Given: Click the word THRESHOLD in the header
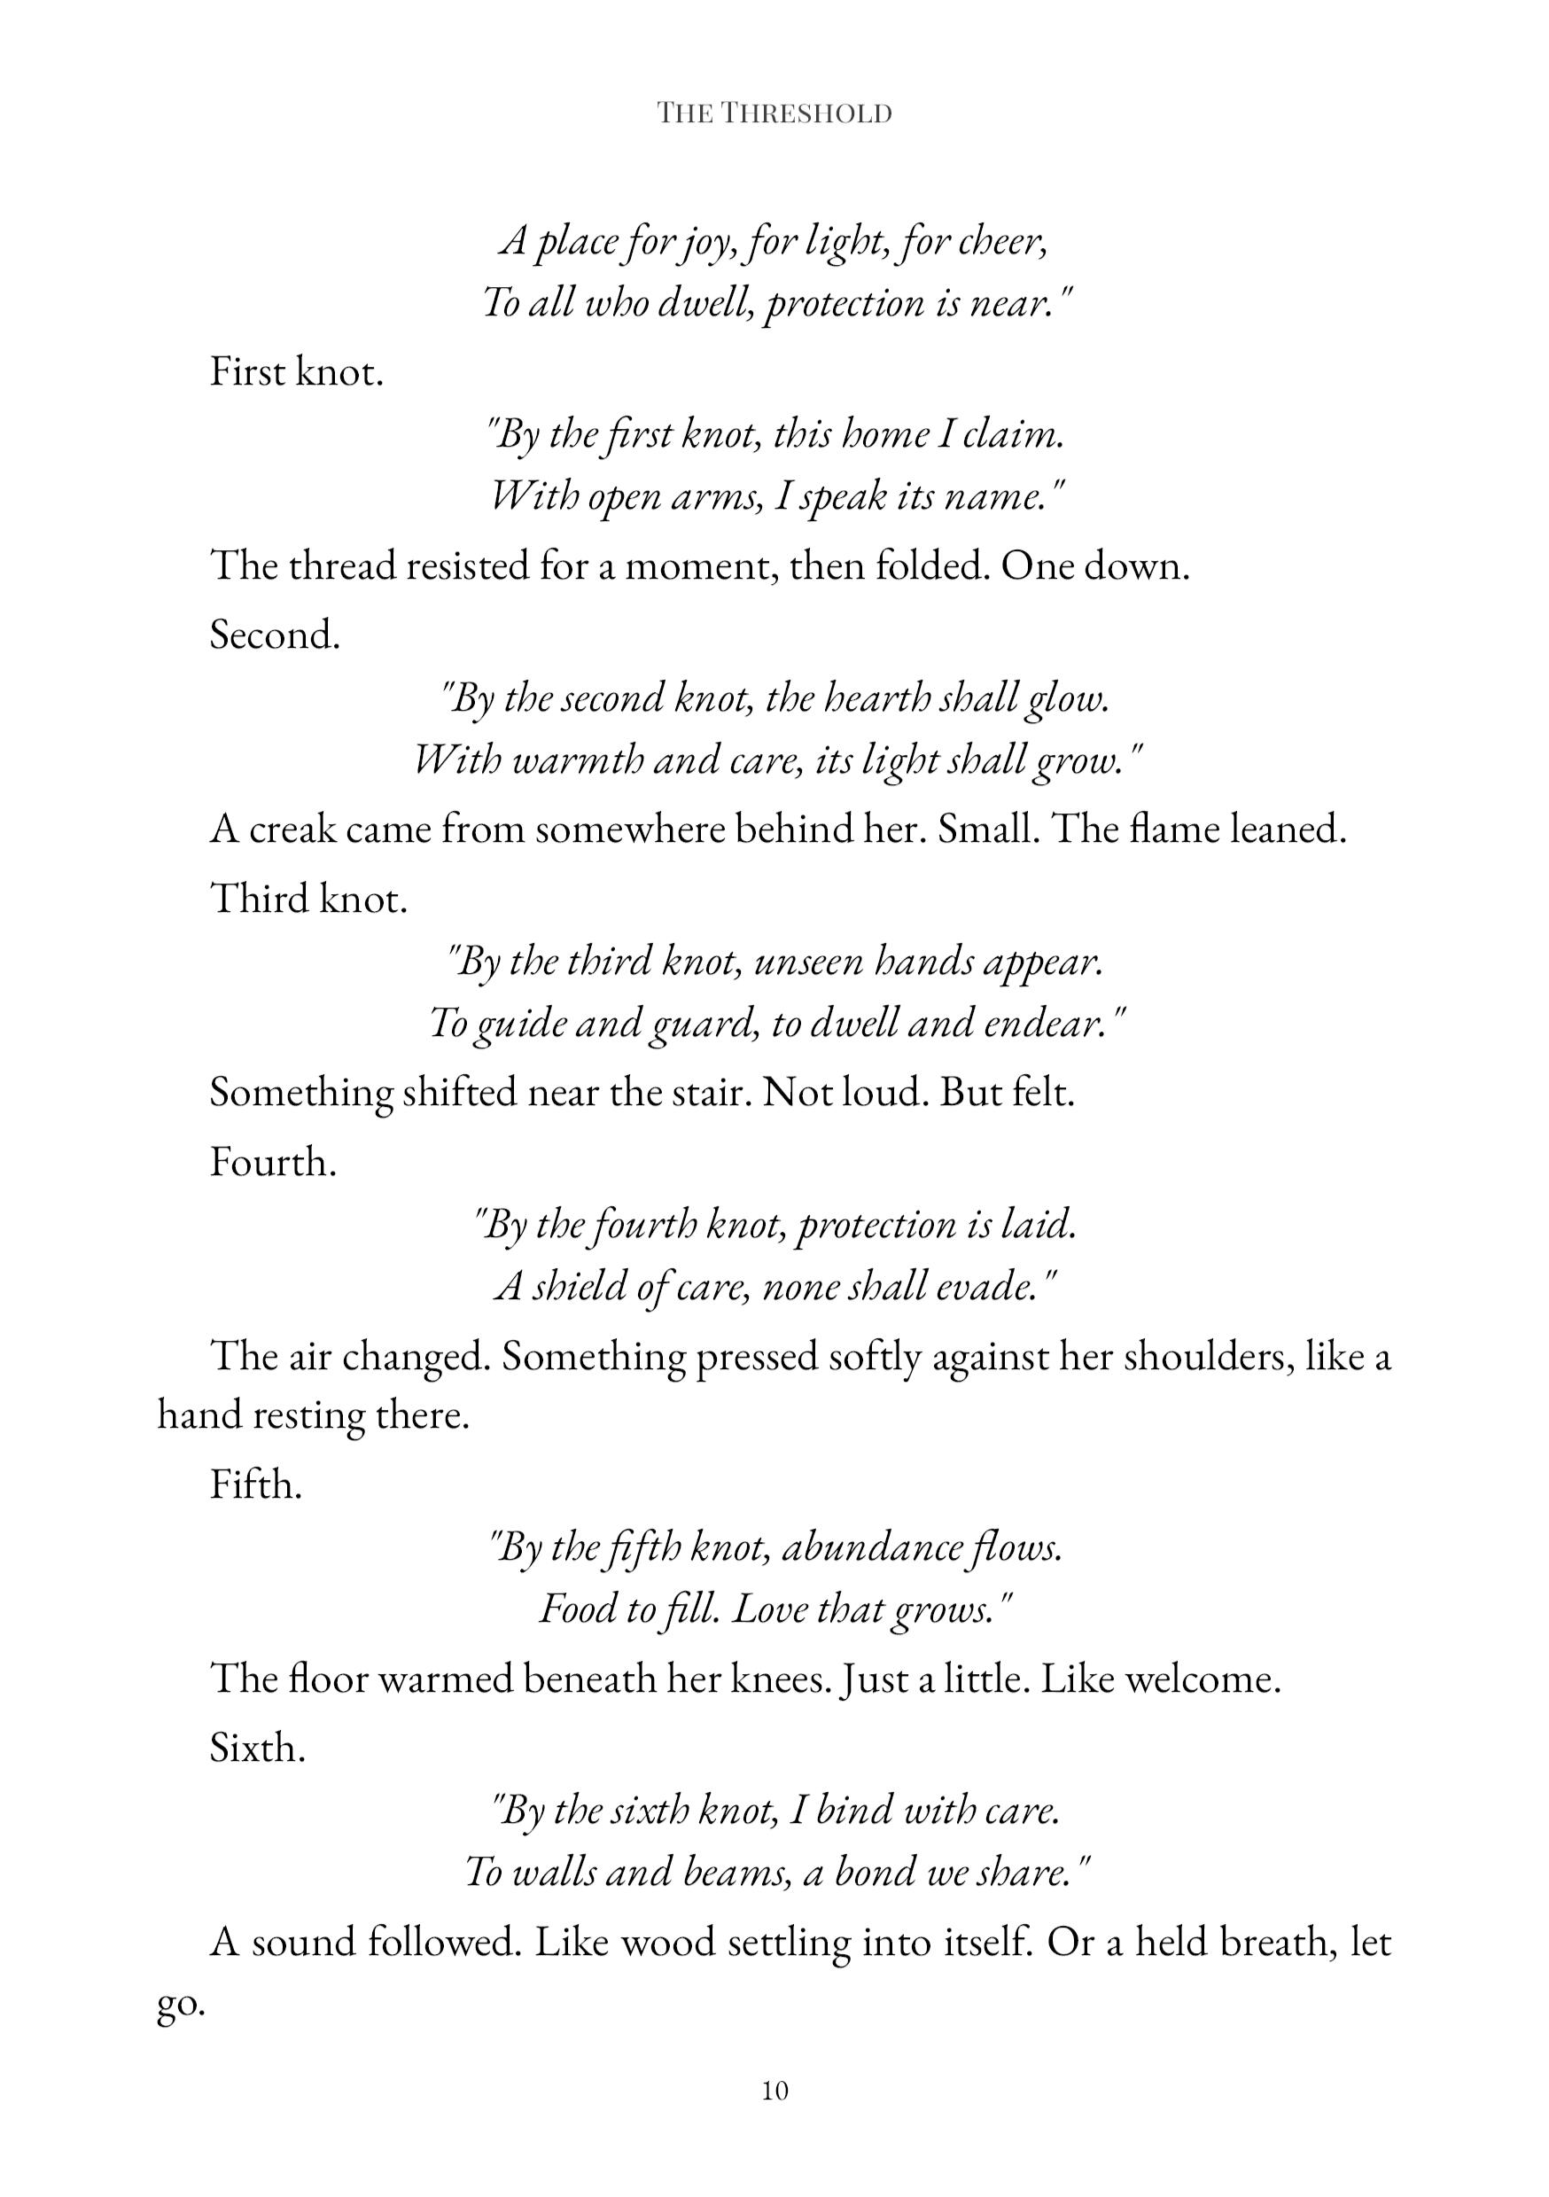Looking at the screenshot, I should pos(806,113).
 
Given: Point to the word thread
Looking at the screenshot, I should pos(341,566).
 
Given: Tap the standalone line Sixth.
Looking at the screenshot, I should pos(257,1749).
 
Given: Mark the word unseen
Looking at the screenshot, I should pos(800,962).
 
